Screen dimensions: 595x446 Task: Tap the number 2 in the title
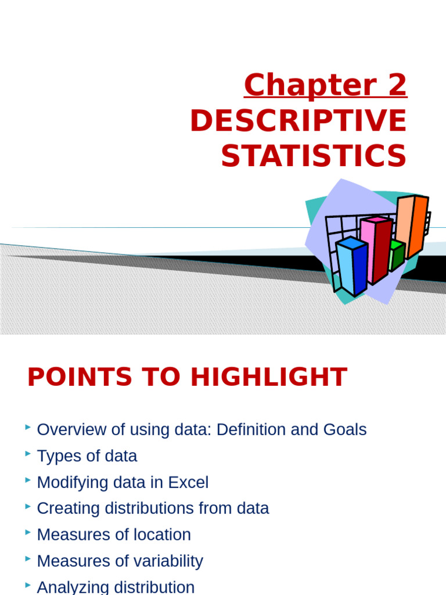coord(395,86)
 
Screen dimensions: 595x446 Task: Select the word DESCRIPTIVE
coord(298,121)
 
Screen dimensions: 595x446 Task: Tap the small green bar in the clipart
coord(397,256)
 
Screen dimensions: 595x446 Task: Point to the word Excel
coord(188,482)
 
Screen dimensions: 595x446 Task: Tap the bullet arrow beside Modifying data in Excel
coord(28,481)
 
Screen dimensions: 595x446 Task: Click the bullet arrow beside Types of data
coord(28,454)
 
